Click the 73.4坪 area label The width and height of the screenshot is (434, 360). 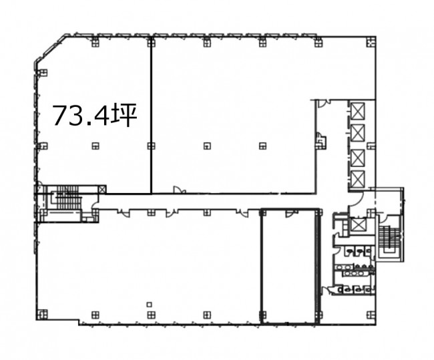pyautogui.click(x=95, y=116)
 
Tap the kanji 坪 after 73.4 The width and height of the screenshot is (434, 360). pyautogui.click(x=125, y=116)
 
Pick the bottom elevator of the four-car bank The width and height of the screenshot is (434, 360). pyautogui.click(x=357, y=179)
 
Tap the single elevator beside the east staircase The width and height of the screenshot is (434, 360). pyautogui.click(x=357, y=224)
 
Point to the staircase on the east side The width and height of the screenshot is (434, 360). pyautogui.click(x=390, y=240)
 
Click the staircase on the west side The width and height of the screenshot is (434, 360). pyautogui.click(x=66, y=197)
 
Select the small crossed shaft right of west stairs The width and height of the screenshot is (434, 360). pyautogui.click(x=102, y=190)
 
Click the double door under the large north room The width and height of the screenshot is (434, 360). pyautogui.click(x=180, y=190)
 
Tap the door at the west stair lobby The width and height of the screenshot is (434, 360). pyautogui.click(x=95, y=204)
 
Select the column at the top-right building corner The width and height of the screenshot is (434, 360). pyautogui.click(x=371, y=43)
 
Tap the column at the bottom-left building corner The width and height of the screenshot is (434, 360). pyautogui.click(x=42, y=315)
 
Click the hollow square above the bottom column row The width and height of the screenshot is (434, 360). pyautogui.click(x=150, y=305)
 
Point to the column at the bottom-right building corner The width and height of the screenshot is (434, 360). pyautogui.click(x=371, y=315)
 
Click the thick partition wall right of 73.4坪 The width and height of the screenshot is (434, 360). pyautogui.click(x=151, y=115)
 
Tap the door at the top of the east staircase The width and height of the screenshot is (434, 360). pyautogui.click(x=383, y=218)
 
